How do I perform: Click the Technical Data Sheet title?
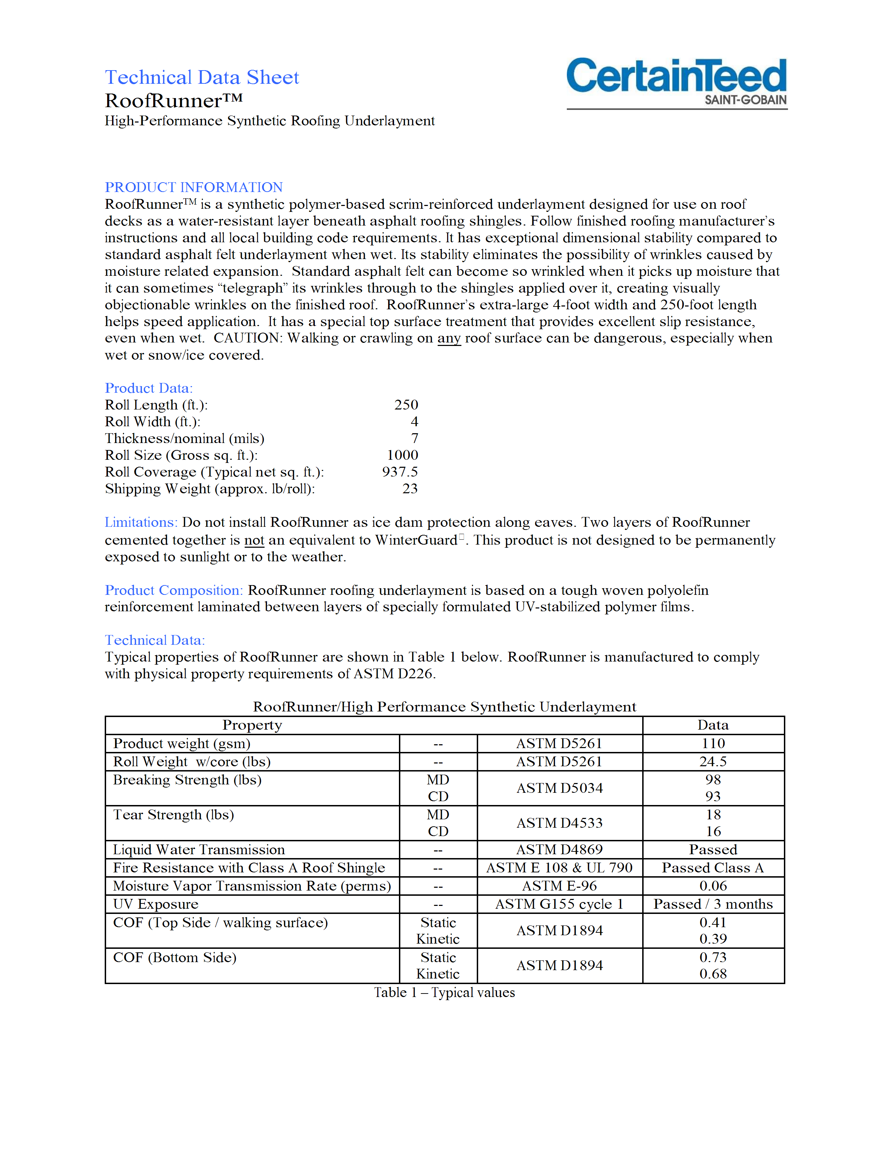(x=202, y=77)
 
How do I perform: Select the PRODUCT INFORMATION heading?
(x=193, y=187)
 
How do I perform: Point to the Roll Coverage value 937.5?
(x=400, y=472)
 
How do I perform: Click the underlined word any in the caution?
(x=449, y=338)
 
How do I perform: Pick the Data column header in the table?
(x=713, y=725)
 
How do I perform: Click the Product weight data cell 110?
(x=713, y=743)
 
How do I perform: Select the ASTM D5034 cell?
(x=559, y=788)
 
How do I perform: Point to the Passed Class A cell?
(x=713, y=868)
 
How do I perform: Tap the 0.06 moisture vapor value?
(x=713, y=886)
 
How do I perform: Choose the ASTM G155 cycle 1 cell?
(x=559, y=904)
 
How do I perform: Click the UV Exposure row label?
(x=156, y=904)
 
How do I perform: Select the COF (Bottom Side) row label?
(x=175, y=957)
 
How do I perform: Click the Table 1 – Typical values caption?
(x=444, y=993)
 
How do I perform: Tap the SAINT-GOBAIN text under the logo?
(x=745, y=100)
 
